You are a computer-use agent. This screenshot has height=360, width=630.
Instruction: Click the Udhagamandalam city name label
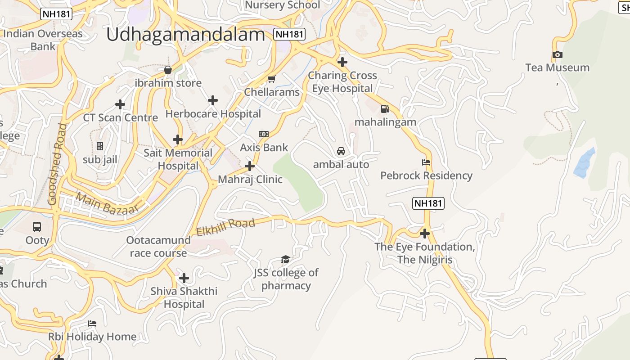pyautogui.click(x=185, y=35)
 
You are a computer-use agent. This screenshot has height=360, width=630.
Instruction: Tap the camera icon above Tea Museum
pyautogui.click(x=558, y=55)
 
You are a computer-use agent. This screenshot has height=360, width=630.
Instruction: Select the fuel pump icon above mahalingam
pyautogui.click(x=385, y=108)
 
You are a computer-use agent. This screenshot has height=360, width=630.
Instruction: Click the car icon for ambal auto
pyautogui.click(x=341, y=151)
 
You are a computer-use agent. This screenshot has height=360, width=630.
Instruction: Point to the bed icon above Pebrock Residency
pyautogui.click(x=426, y=162)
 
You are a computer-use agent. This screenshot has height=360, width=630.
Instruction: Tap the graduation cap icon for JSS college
pyautogui.click(x=285, y=259)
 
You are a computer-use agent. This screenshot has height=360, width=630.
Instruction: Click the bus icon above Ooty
pyautogui.click(x=37, y=227)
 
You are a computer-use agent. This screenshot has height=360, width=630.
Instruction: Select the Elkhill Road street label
pyautogui.click(x=226, y=227)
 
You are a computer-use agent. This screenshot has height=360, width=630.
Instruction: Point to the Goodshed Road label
pyautogui.click(x=57, y=164)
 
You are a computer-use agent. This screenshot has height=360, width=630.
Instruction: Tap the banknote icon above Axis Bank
pyautogui.click(x=264, y=134)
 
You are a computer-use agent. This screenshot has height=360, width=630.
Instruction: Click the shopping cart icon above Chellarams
pyautogui.click(x=271, y=79)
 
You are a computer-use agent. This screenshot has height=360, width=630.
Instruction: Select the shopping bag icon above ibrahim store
pyautogui.click(x=168, y=70)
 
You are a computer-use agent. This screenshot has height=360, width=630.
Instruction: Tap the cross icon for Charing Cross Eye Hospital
pyautogui.click(x=342, y=62)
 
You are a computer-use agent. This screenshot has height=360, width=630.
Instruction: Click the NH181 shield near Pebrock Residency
pyautogui.click(x=428, y=203)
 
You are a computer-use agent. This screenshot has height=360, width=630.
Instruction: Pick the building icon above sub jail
pyautogui.click(x=100, y=146)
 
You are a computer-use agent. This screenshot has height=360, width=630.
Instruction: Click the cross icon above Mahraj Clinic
pyautogui.click(x=250, y=166)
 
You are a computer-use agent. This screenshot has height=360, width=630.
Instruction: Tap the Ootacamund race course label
pyautogui.click(x=158, y=247)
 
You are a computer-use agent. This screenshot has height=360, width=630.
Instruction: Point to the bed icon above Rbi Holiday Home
pyautogui.click(x=92, y=324)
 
